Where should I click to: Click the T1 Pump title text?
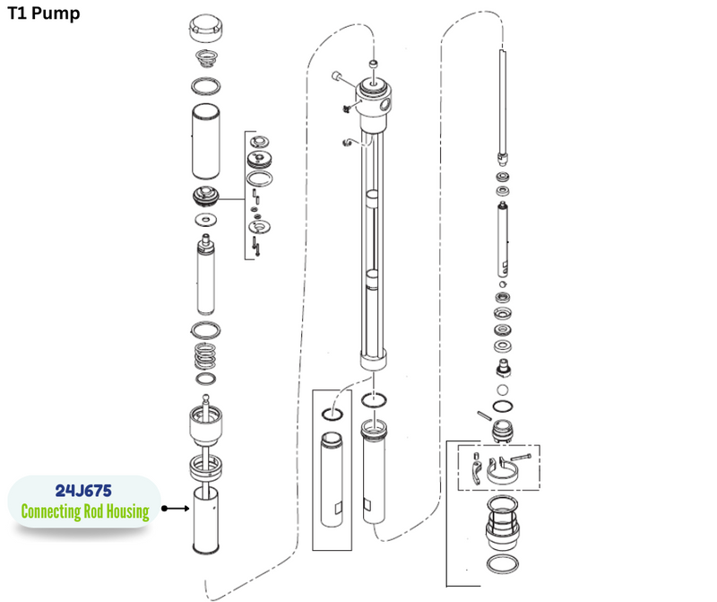coord(44,13)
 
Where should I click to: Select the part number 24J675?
coord(83,491)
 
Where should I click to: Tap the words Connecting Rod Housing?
coord(85,511)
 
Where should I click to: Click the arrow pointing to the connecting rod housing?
coord(175,508)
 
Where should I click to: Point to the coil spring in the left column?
coord(205,355)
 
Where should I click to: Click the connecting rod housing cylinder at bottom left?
coord(206,520)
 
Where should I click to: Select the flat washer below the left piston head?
coord(206,220)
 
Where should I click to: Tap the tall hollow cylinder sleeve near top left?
coord(206,142)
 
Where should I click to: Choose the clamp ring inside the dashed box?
coord(502,472)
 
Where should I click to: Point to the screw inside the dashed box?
coord(521,457)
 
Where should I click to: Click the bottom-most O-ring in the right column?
coord(503,563)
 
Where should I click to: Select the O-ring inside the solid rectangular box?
coord(332,414)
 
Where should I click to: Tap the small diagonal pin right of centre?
coord(484,415)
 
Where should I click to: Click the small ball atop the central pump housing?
coord(374,63)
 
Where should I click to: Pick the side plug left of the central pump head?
coord(338,76)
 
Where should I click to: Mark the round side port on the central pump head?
coord(385,105)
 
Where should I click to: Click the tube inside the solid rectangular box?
coord(332,479)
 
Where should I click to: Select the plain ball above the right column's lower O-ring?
coord(502,390)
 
